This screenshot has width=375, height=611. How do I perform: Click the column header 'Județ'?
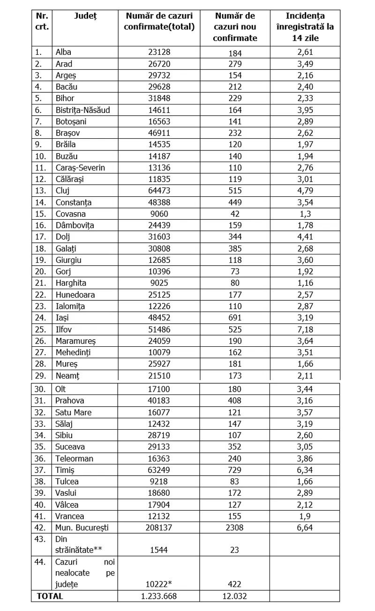coord(84,16)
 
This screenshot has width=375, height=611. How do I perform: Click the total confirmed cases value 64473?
coord(159,191)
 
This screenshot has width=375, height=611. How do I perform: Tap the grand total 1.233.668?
coord(159,596)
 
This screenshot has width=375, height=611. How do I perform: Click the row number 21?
coord(41,283)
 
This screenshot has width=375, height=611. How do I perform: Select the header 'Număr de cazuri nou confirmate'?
coord(235,27)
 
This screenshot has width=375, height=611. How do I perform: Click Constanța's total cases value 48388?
coord(159,202)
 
